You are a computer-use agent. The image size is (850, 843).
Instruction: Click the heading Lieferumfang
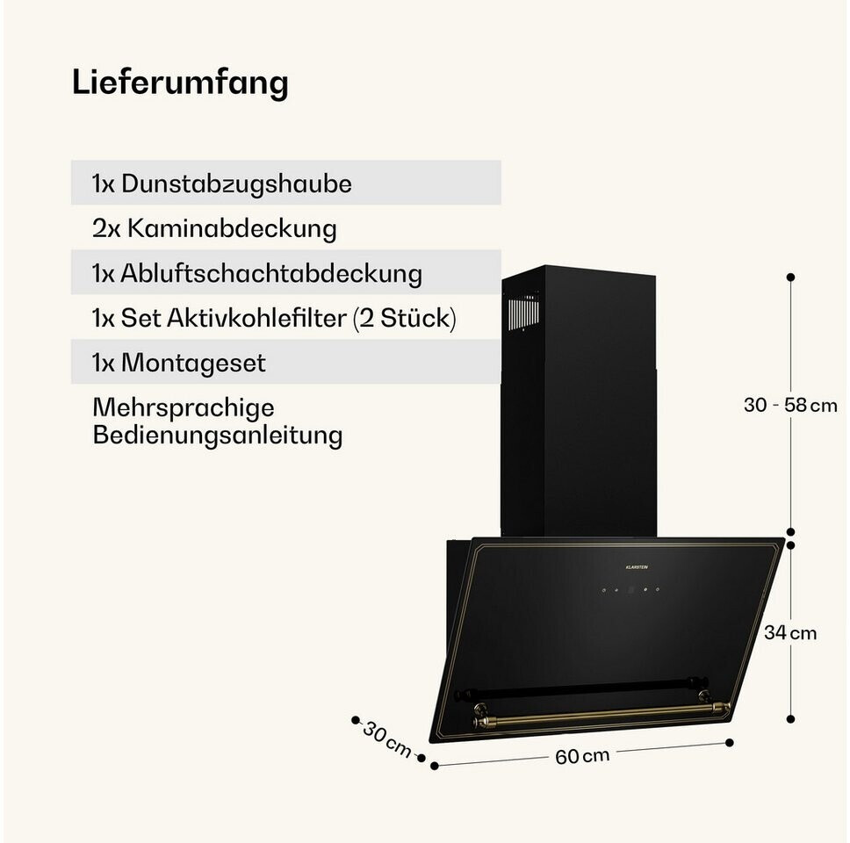[x=180, y=83]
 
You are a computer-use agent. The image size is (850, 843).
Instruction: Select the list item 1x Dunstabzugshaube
[x=222, y=184]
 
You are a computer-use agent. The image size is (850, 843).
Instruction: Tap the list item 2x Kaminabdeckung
[x=214, y=229]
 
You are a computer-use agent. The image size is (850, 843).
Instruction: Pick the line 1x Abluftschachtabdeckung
[x=256, y=273]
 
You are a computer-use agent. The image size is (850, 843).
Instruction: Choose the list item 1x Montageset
[x=178, y=363]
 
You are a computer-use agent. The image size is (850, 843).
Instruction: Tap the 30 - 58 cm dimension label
[x=790, y=405]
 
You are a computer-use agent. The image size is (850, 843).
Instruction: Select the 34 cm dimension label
[x=790, y=632]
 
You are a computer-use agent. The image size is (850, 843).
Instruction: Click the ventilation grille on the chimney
[x=523, y=312]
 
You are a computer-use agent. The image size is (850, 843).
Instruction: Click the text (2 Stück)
[x=404, y=318]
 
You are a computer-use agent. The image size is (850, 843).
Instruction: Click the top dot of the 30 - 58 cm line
[x=790, y=277]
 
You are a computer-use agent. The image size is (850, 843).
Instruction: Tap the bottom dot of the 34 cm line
[x=790, y=718]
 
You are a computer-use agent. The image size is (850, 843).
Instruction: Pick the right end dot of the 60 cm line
[x=729, y=742]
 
